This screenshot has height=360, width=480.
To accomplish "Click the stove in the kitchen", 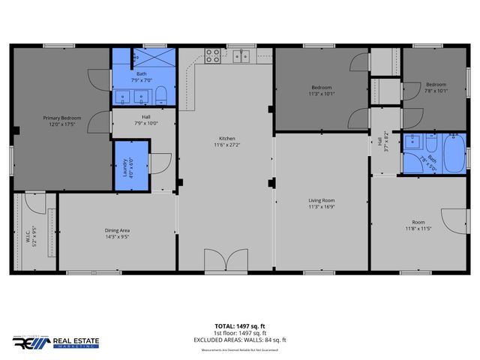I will click(x=213, y=55).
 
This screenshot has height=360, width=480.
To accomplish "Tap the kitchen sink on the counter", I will click(x=241, y=55).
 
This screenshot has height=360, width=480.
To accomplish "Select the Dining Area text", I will click(x=118, y=230).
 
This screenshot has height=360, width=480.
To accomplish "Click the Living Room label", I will click(x=321, y=200).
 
